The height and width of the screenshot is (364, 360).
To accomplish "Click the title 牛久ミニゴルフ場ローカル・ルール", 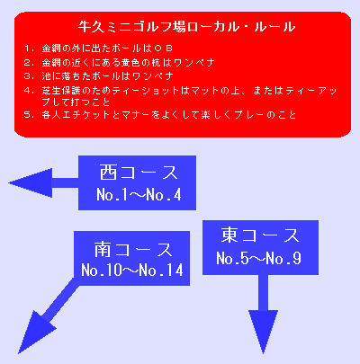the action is click(186, 27).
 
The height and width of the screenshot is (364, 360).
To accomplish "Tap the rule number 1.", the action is click(28, 49).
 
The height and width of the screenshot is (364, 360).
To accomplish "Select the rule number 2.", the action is click(28, 63).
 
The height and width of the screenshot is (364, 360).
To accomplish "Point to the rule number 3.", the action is click(28, 76).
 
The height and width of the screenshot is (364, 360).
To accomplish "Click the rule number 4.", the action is click(28, 91).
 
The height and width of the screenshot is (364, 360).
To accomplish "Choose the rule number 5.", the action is click(28, 115).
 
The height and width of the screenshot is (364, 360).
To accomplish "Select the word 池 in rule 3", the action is click(46, 76).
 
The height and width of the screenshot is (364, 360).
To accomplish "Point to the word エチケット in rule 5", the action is click(86, 115).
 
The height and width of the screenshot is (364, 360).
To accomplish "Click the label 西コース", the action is click(139, 173).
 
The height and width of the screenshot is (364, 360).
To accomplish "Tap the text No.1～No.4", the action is click(139, 195).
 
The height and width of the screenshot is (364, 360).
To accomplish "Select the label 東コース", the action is click(260, 235).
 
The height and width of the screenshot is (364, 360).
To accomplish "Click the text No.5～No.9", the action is click(258, 258).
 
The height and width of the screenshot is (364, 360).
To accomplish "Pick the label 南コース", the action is click(133, 249).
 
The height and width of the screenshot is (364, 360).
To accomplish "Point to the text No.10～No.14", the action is click(132, 270).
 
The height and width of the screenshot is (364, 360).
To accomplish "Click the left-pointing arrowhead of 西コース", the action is click(30, 182).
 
